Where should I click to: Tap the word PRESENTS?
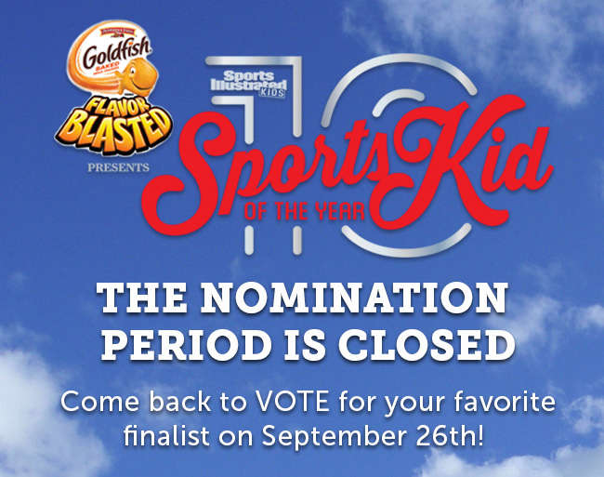(x=117, y=168)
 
